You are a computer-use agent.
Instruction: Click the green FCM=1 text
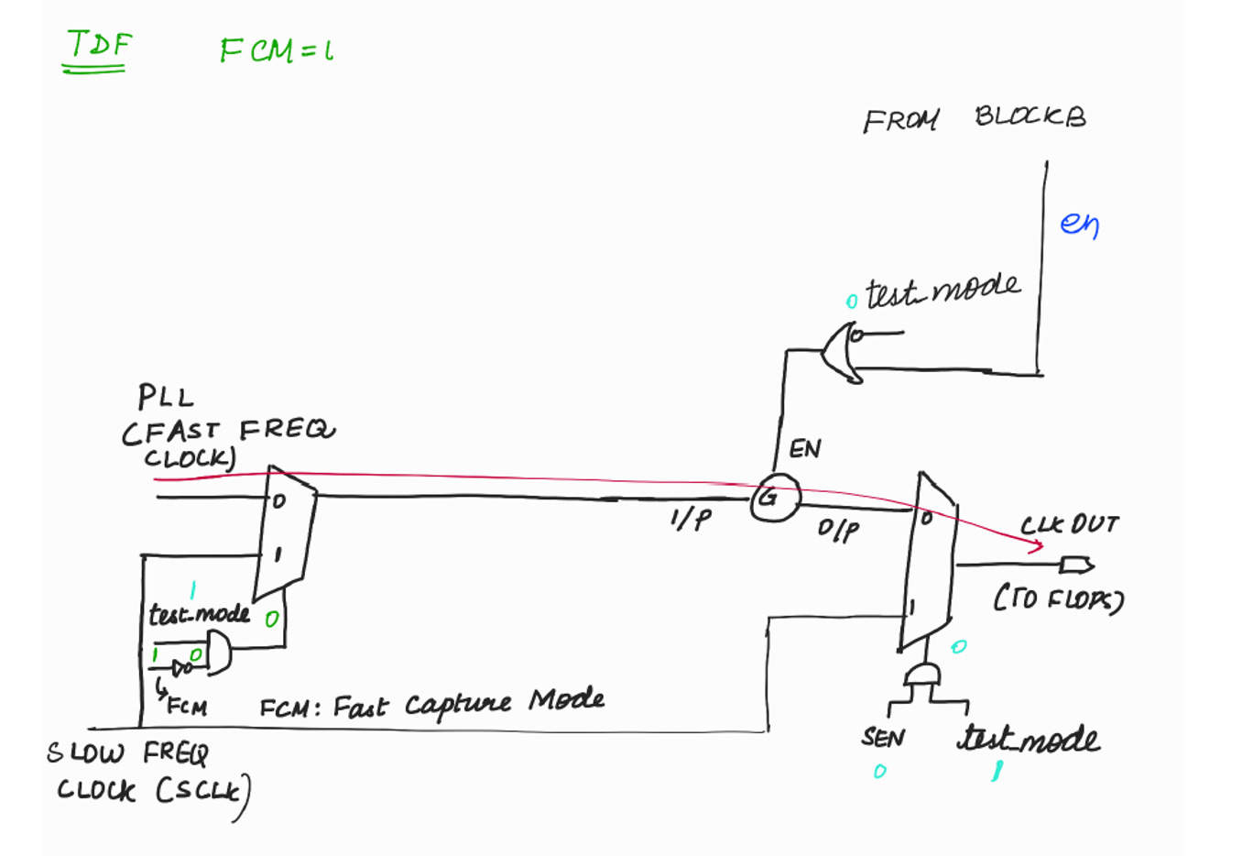point(275,49)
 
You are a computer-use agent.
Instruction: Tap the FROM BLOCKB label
point(973,118)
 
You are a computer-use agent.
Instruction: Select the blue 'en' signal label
point(1079,224)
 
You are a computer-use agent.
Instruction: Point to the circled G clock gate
point(774,499)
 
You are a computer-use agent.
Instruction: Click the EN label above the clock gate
point(804,449)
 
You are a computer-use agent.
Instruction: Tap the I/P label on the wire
point(689,520)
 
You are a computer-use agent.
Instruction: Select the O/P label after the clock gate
point(838,530)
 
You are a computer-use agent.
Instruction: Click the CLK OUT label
point(1069,525)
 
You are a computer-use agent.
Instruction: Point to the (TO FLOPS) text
point(1058,598)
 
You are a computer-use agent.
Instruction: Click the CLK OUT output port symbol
point(1076,565)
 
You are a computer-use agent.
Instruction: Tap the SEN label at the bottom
point(883,738)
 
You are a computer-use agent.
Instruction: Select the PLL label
point(166,398)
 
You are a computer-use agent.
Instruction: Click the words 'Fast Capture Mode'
point(467,704)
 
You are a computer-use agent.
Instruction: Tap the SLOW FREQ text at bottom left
point(128,753)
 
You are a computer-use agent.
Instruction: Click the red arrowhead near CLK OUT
point(1039,547)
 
